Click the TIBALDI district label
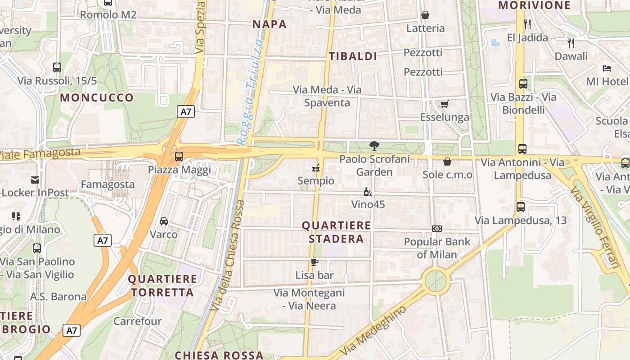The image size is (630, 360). (x=353, y=56)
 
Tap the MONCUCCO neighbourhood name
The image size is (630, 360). (x=97, y=98)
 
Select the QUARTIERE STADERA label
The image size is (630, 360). (x=336, y=232)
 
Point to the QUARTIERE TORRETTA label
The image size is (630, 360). (x=162, y=286)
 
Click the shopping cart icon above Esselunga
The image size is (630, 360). (x=445, y=104)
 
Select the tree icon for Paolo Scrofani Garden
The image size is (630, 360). (x=373, y=145)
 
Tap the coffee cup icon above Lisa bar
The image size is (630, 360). (x=314, y=262)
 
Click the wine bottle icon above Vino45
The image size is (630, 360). (x=368, y=192)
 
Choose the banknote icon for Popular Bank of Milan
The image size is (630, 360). (x=436, y=229)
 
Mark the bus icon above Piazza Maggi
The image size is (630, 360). (x=179, y=157)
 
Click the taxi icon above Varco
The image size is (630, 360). (x=164, y=221)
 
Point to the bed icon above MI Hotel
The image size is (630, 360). (x=607, y=68)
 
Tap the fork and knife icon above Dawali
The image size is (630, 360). (x=571, y=43)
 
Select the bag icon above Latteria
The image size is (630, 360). (x=425, y=15)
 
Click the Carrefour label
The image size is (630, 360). (x=137, y=321)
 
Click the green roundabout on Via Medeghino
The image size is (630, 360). (x=436, y=281)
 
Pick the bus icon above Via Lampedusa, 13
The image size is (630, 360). (x=521, y=207)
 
